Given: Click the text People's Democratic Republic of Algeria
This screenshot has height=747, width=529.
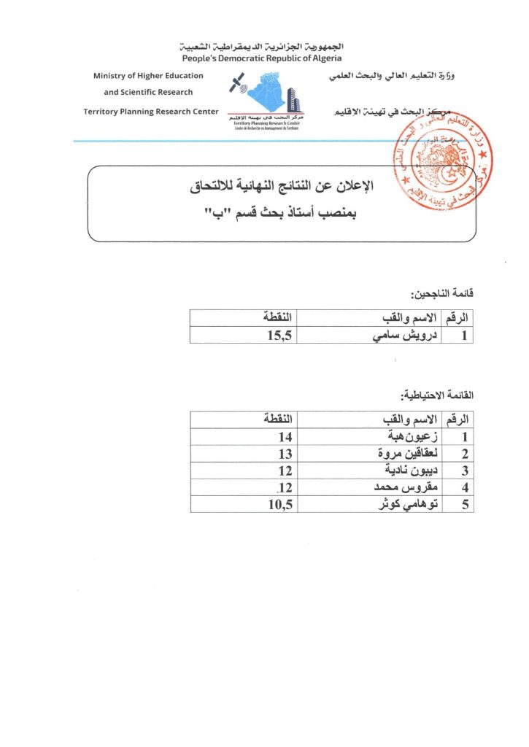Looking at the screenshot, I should [x=262, y=58].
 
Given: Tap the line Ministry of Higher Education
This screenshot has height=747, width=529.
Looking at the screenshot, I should [x=148, y=76].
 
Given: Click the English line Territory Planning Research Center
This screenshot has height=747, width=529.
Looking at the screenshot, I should [x=151, y=111].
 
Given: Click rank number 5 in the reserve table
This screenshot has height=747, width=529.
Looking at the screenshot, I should [x=463, y=504].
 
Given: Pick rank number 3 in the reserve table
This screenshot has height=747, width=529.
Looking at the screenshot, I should [x=463, y=471].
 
